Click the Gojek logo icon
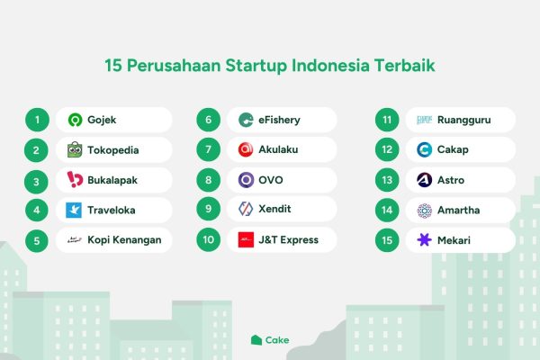point(75,120)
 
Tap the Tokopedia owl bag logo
point(75,150)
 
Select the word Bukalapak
point(112,180)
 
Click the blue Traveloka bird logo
point(74,210)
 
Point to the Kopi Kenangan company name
point(124,240)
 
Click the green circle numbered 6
point(209,120)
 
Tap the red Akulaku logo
point(246,149)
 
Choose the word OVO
point(271,180)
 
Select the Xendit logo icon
point(246,209)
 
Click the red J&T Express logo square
point(246,239)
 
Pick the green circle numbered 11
point(387,120)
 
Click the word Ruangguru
point(463,120)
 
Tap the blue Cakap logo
point(424,150)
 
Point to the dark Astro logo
point(424,180)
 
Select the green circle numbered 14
point(387,210)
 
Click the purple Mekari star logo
point(424,239)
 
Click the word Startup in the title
point(256,66)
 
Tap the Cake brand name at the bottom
point(277,340)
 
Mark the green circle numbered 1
point(37,120)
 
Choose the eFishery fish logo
point(246,120)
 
